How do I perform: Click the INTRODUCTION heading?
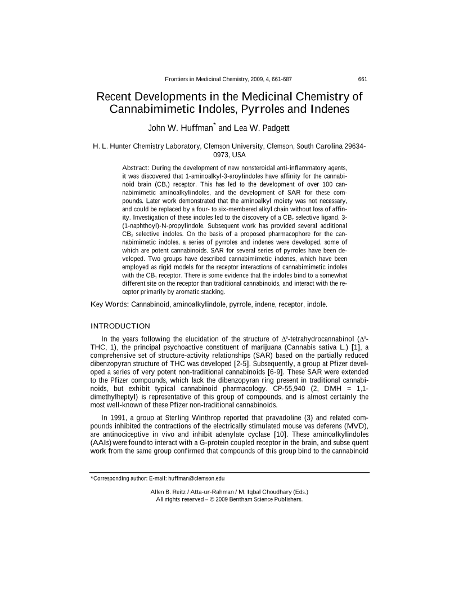click(120, 326)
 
